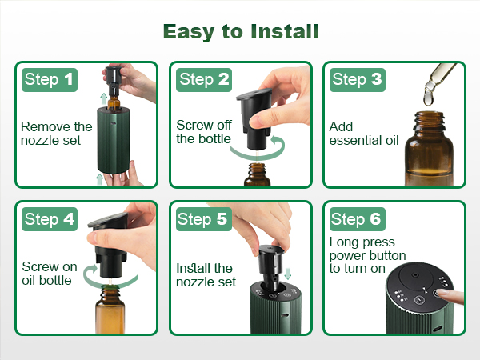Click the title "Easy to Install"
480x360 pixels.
240,31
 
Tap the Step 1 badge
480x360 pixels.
50,78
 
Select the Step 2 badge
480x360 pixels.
204,78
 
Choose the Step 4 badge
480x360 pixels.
50,218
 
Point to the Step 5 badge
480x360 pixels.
204,218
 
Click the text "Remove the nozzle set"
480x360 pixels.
56,134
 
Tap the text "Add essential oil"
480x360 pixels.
364,134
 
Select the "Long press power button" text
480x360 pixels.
368,255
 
